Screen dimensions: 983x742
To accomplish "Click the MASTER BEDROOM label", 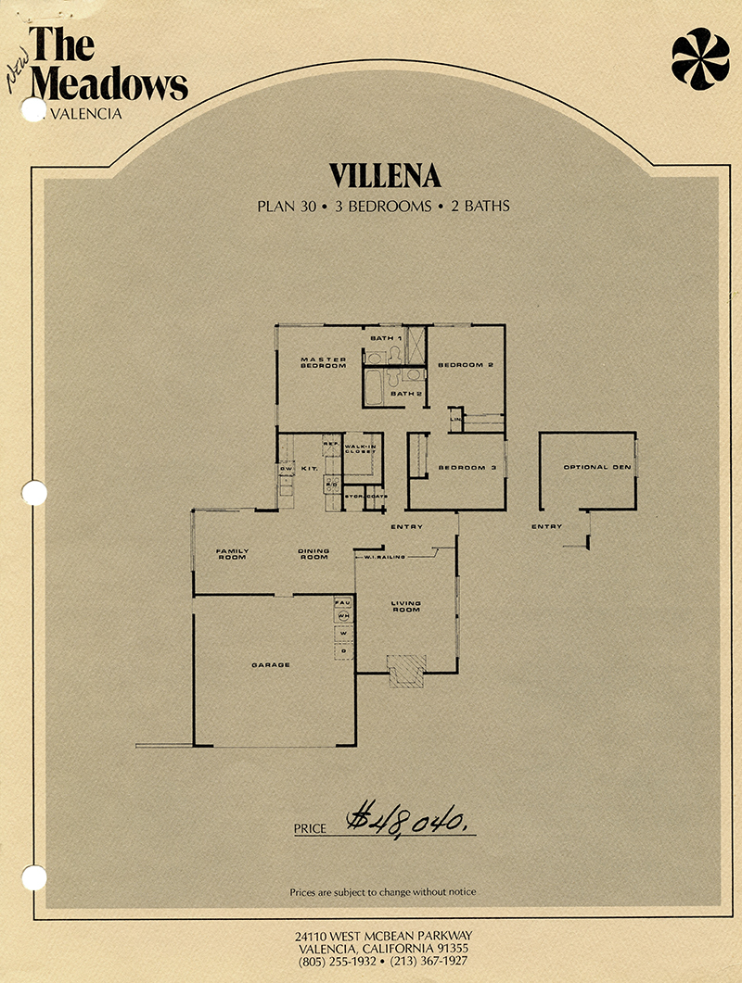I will click(323, 362).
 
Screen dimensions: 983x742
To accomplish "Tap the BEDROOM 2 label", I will click(466, 365).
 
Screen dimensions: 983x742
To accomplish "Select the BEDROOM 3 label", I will click(468, 468).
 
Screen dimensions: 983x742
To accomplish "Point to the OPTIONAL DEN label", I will click(597, 467).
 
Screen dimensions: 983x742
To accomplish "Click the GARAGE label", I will click(272, 664).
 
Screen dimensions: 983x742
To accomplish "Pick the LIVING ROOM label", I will click(406, 607).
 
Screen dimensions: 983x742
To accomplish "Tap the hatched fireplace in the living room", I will click(406, 670).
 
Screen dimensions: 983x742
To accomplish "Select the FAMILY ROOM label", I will click(232, 554).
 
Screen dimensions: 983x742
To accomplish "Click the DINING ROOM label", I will click(313, 554).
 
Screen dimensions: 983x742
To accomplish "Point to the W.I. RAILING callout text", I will click(383, 556).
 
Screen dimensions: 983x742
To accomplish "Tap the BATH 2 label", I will click(406, 394).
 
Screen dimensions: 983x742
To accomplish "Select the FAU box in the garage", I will click(341, 602).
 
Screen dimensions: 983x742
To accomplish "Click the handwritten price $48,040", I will click(406, 820).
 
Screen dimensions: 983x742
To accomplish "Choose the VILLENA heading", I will click(384, 176).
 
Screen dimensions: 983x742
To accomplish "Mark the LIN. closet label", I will click(455, 421).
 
